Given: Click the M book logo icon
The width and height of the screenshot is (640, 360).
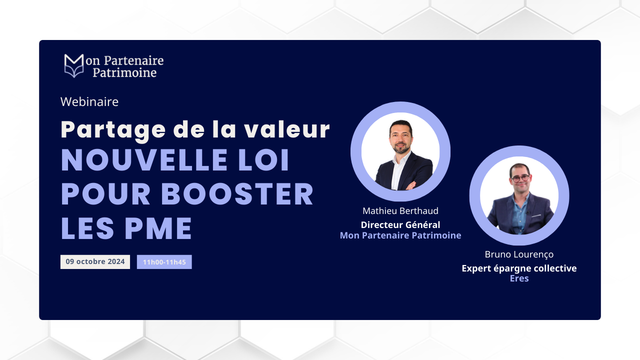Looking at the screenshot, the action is [74, 65].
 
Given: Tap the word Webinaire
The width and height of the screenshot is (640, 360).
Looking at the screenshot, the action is [89, 101].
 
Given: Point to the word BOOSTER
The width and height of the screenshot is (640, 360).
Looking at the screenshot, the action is [237, 194].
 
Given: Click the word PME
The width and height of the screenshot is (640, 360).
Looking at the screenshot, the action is [158, 228].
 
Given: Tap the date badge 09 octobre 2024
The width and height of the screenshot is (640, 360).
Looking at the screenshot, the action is [95, 261].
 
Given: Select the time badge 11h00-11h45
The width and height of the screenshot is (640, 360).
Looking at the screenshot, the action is [164, 262].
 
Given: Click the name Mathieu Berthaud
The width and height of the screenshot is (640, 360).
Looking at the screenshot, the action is [400, 211].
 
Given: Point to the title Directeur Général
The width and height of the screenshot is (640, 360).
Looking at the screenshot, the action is [400, 225].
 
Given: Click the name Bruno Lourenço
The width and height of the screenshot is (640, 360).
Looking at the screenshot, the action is [519, 254].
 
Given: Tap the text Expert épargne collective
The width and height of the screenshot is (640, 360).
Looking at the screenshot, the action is [519, 268].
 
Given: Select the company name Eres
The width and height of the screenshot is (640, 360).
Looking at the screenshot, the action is [519, 278].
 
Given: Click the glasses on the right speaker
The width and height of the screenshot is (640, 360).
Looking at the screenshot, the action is [520, 178].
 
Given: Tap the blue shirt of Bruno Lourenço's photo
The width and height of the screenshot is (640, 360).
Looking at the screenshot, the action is [519, 214].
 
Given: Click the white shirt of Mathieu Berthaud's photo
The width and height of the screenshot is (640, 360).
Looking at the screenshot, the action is [399, 171].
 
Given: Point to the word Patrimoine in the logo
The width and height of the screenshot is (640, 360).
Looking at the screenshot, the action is [124, 73].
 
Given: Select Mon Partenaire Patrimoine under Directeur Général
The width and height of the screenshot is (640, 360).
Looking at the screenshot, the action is [400, 235].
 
